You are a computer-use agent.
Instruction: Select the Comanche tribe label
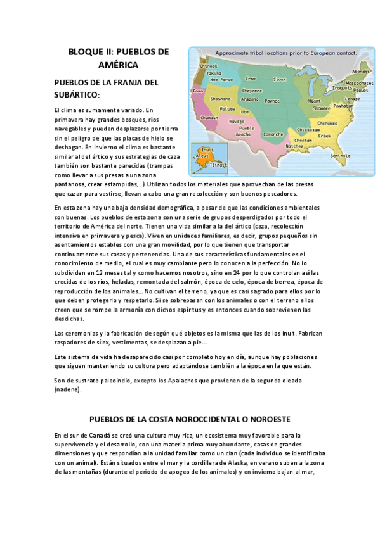273,134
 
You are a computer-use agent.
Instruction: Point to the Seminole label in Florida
341,155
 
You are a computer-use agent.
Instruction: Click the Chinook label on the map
209,65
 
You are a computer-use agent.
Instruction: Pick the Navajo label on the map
237,120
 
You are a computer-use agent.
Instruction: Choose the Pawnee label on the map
272,100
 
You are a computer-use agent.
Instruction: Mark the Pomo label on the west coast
197,91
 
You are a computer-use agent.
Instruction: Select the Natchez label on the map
295,146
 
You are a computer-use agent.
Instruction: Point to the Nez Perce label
221,80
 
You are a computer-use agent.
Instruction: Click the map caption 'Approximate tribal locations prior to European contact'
285,53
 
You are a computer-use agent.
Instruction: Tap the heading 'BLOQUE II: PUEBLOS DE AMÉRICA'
119,57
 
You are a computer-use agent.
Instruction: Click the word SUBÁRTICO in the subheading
77,94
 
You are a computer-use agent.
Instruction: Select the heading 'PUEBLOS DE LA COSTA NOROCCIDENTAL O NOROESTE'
190,419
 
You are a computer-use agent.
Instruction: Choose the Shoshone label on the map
220,99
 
